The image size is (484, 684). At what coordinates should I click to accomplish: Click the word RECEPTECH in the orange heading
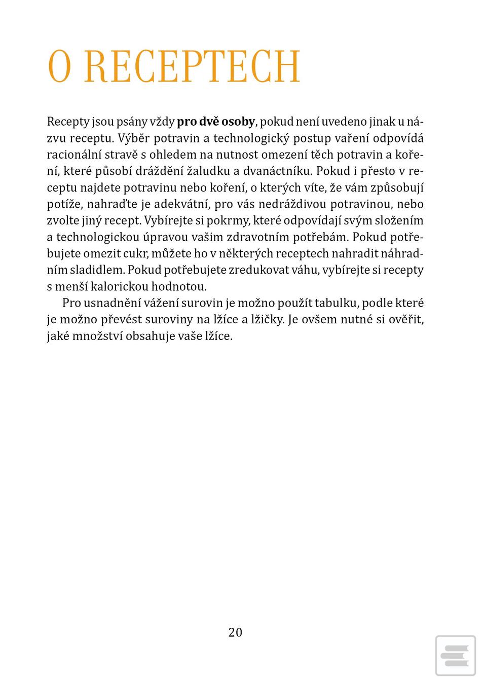pyautogui.click(x=192, y=67)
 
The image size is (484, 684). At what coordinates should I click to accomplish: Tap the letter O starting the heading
pyautogui.click(x=59, y=67)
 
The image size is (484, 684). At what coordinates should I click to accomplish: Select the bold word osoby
pyautogui.click(x=238, y=122)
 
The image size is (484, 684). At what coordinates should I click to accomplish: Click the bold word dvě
pyautogui.click(x=208, y=122)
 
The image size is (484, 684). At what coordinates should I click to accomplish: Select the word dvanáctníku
pyautogui.click(x=277, y=171)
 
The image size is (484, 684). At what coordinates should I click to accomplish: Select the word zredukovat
pyautogui.click(x=259, y=270)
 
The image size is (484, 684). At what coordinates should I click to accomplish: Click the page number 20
pyautogui.click(x=235, y=632)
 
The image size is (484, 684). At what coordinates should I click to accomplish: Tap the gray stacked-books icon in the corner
pyautogui.click(x=455, y=655)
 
